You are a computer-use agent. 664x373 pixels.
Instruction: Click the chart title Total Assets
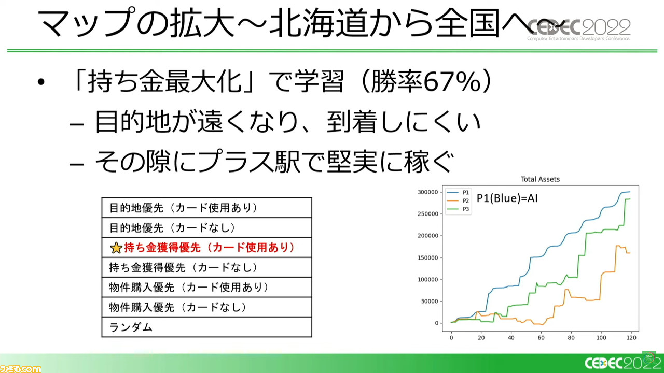click(x=540, y=179)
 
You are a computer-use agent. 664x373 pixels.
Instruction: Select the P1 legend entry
click(x=458, y=192)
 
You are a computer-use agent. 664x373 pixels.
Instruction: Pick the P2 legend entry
click(x=458, y=200)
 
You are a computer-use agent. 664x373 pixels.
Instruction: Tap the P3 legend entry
click(x=458, y=209)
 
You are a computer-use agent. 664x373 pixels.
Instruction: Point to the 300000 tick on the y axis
click(x=428, y=192)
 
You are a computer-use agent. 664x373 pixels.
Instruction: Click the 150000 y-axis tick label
click(x=428, y=257)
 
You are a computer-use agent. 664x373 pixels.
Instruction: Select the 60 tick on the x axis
click(x=541, y=338)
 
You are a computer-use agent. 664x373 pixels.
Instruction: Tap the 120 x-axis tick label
click(x=631, y=338)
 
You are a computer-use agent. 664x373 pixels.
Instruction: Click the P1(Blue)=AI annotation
click(x=507, y=198)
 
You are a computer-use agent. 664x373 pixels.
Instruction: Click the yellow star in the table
click(x=116, y=248)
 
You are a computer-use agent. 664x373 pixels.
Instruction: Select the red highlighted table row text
click(x=209, y=248)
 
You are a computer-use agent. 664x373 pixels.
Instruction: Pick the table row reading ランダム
click(x=131, y=327)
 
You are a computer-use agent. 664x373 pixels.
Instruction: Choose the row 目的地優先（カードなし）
click(x=173, y=227)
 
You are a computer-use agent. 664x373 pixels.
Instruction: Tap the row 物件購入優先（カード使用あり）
click(x=189, y=287)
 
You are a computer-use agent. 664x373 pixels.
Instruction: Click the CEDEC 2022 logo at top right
click(x=578, y=30)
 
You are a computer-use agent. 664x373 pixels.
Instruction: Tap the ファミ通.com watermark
click(x=21, y=368)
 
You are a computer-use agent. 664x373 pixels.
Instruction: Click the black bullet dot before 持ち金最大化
click(x=41, y=82)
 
